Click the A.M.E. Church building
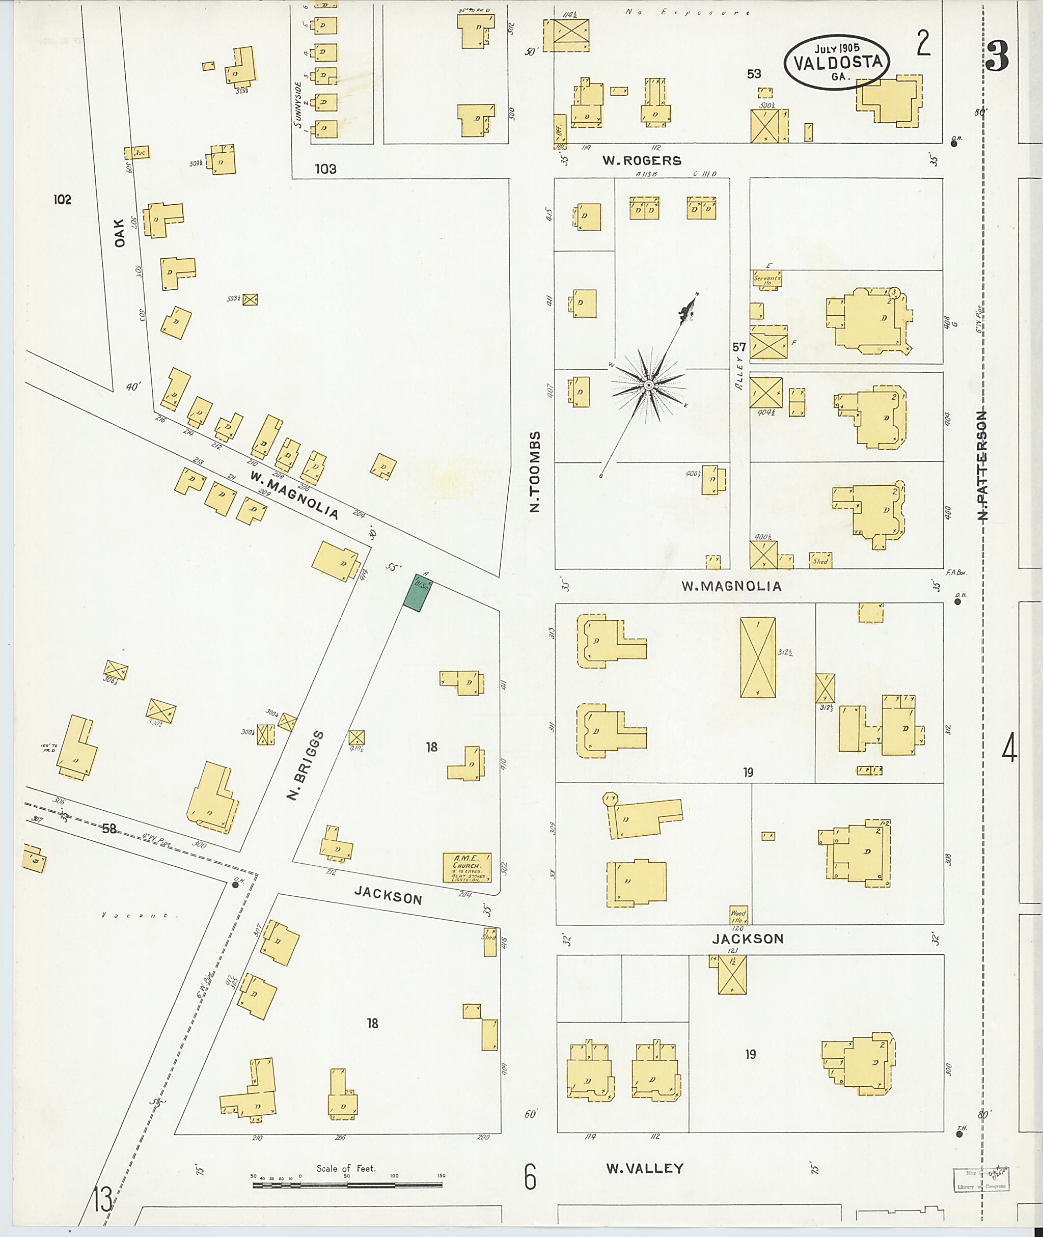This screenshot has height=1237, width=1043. click(467, 867)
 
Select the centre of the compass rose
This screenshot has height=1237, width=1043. click(648, 386)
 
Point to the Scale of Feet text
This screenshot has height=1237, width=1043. click(346, 1168)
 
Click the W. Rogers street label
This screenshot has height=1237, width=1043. click(642, 161)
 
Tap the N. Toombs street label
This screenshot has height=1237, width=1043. click(535, 471)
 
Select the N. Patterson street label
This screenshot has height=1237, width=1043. click(982, 465)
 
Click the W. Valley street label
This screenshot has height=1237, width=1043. click(644, 1168)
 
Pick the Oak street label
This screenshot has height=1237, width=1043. click(120, 232)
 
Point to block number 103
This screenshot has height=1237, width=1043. click(325, 169)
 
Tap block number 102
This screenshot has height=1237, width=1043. click(62, 200)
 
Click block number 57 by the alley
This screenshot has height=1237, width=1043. click(739, 347)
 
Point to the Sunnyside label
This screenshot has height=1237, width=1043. click(298, 105)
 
